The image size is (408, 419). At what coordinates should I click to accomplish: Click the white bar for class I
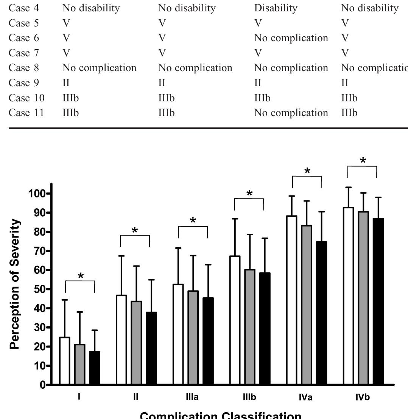(x=64, y=361)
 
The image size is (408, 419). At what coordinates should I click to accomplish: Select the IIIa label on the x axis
(x=193, y=397)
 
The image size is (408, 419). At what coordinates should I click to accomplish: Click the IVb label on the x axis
(x=362, y=397)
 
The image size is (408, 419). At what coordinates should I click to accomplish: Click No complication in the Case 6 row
(x=291, y=38)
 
